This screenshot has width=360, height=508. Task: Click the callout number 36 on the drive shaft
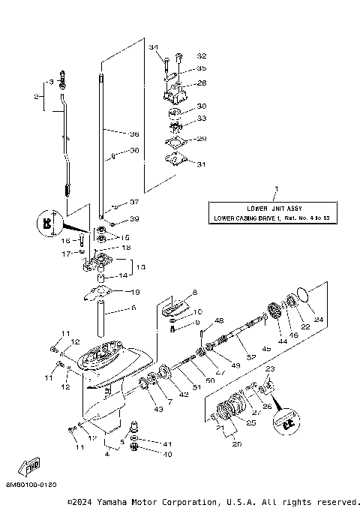(135, 134)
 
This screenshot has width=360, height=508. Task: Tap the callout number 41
(167, 444)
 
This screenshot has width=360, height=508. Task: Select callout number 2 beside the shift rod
(36, 96)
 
